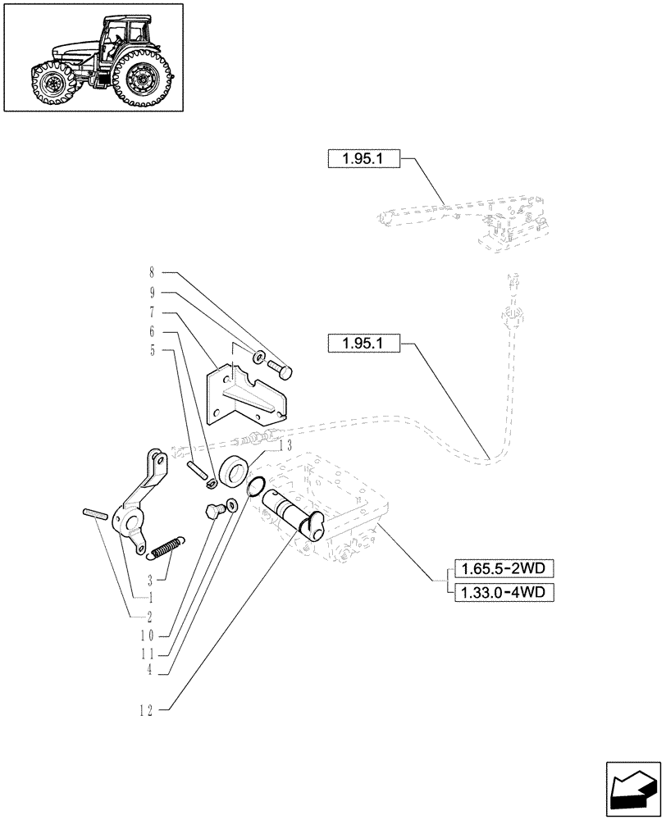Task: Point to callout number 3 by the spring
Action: point(151,579)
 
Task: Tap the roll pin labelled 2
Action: point(92,514)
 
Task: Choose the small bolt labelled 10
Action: point(213,512)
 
